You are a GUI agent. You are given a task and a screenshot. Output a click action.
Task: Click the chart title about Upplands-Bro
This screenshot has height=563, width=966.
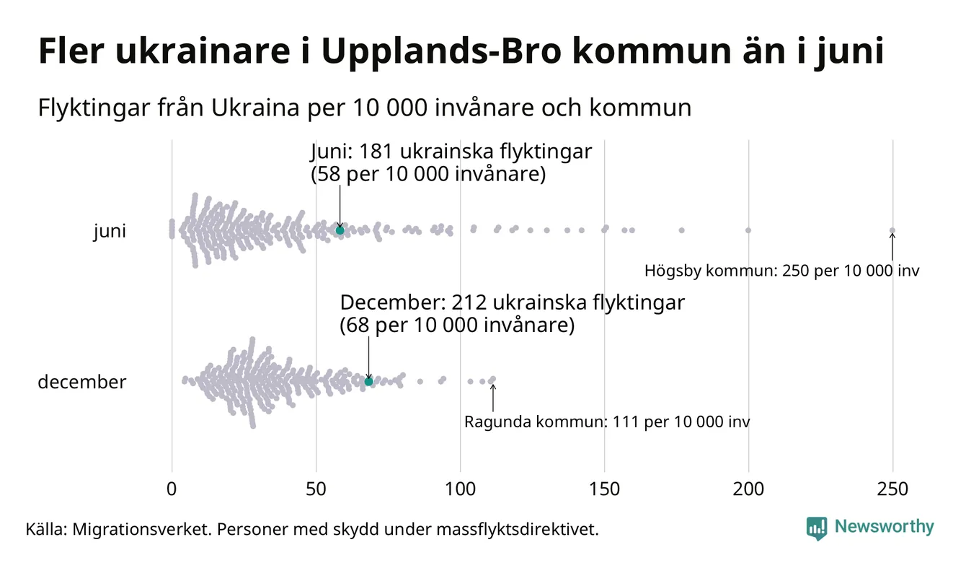tap(461, 52)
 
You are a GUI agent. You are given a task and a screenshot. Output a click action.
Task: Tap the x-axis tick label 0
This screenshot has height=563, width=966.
tap(172, 489)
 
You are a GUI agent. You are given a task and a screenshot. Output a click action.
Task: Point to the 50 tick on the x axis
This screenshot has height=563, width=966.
tap(316, 489)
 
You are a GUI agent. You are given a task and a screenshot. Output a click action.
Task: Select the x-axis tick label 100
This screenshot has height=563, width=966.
tap(460, 489)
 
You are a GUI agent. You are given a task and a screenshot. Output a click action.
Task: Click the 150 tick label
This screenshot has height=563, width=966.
tap(604, 489)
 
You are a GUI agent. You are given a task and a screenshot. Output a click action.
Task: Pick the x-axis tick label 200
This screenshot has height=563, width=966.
tap(748, 489)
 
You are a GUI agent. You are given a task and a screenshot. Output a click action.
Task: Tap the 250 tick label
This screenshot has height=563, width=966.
tap(892, 489)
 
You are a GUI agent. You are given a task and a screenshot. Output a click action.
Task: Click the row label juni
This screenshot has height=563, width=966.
tap(110, 231)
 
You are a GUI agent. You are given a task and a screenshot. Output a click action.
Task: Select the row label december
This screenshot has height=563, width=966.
tap(81, 382)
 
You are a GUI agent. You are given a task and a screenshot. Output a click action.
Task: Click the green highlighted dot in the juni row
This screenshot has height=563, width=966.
tap(340, 230)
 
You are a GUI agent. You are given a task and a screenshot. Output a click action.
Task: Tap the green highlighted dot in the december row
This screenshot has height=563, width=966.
tap(368, 381)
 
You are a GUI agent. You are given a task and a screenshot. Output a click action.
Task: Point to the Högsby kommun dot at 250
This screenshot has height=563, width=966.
tap(892, 231)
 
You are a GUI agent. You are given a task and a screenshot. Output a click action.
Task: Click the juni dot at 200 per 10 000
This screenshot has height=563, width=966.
tap(748, 230)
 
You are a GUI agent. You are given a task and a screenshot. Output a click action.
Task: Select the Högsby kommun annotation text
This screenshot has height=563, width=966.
tap(782, 271)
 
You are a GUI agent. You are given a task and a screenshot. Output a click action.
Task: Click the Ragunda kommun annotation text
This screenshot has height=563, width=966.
tap(606, 422)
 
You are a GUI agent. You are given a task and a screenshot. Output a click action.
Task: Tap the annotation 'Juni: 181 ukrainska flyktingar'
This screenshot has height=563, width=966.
tap(451, 152)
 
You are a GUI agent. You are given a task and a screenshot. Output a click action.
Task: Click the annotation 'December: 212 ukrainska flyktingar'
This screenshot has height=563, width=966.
tap(512, 302)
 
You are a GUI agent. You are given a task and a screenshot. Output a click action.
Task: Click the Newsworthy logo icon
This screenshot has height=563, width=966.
tap(817, 528)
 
